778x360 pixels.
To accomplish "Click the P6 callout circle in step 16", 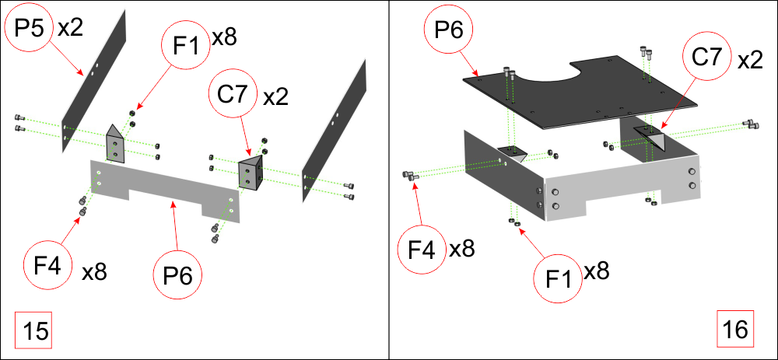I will (449, 30).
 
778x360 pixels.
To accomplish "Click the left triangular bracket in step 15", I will (115, 144).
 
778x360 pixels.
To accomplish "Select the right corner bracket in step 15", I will (251, 173).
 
